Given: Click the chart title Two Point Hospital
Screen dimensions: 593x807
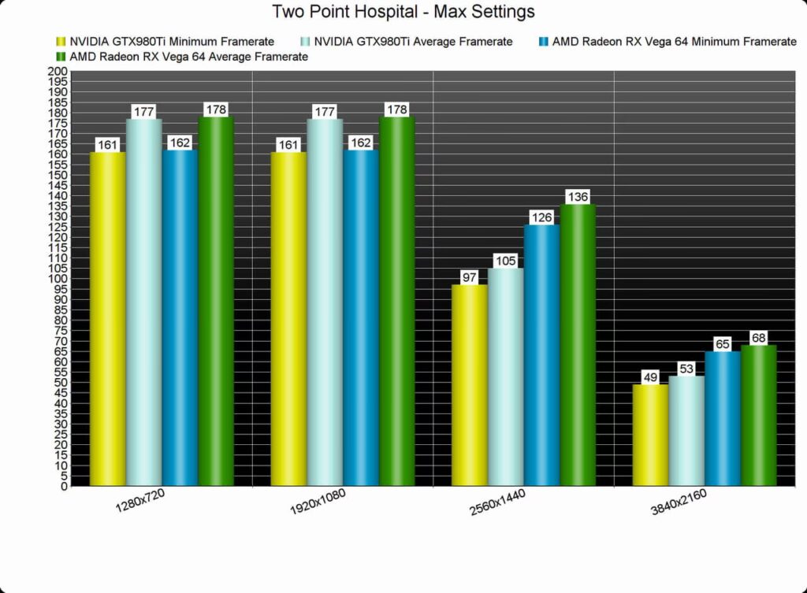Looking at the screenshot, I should click(403, 12).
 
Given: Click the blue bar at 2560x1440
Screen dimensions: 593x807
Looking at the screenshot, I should click(542, 354).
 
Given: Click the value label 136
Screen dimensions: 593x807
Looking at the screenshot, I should click(578, 197).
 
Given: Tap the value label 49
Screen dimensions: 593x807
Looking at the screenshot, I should click(650, 377).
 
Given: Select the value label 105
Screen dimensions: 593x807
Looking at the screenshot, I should click(506, 261).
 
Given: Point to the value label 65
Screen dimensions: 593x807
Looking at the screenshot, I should click(723, 344).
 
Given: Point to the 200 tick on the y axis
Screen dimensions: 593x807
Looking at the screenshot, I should click(58, 71).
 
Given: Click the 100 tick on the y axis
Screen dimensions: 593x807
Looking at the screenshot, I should click(58, 279).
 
